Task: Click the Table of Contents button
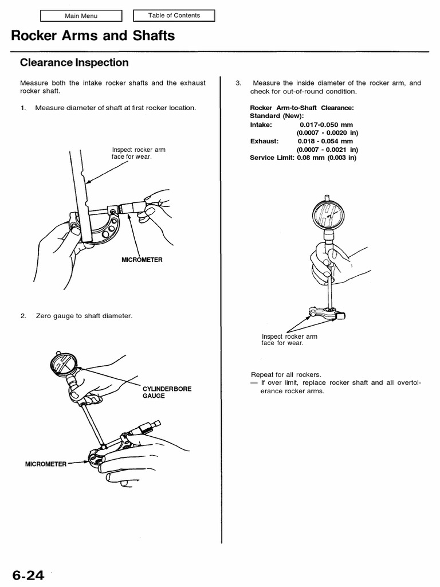[174, 15]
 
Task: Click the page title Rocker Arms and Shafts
[93, 37]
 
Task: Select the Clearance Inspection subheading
[74, 62]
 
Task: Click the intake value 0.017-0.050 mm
[326, 124]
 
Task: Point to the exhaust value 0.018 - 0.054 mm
[325, 140]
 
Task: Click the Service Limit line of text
[302, 157]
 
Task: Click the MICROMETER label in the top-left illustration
[142, 260]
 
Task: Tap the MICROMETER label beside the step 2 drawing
[46, 463]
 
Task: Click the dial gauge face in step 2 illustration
[64, 365]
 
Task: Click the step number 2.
[23, 316]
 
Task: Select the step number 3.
[238, 83]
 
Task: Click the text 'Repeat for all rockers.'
[282, 374]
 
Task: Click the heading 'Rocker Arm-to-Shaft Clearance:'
[301, 108]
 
